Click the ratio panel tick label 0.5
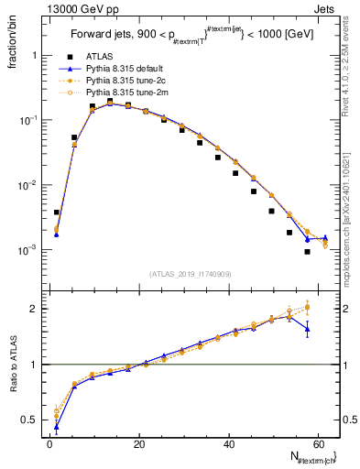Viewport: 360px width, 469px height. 30,420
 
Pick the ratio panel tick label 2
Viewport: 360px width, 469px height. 34,309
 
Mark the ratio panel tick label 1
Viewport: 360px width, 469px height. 34,365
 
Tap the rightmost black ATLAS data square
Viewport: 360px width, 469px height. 308,252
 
